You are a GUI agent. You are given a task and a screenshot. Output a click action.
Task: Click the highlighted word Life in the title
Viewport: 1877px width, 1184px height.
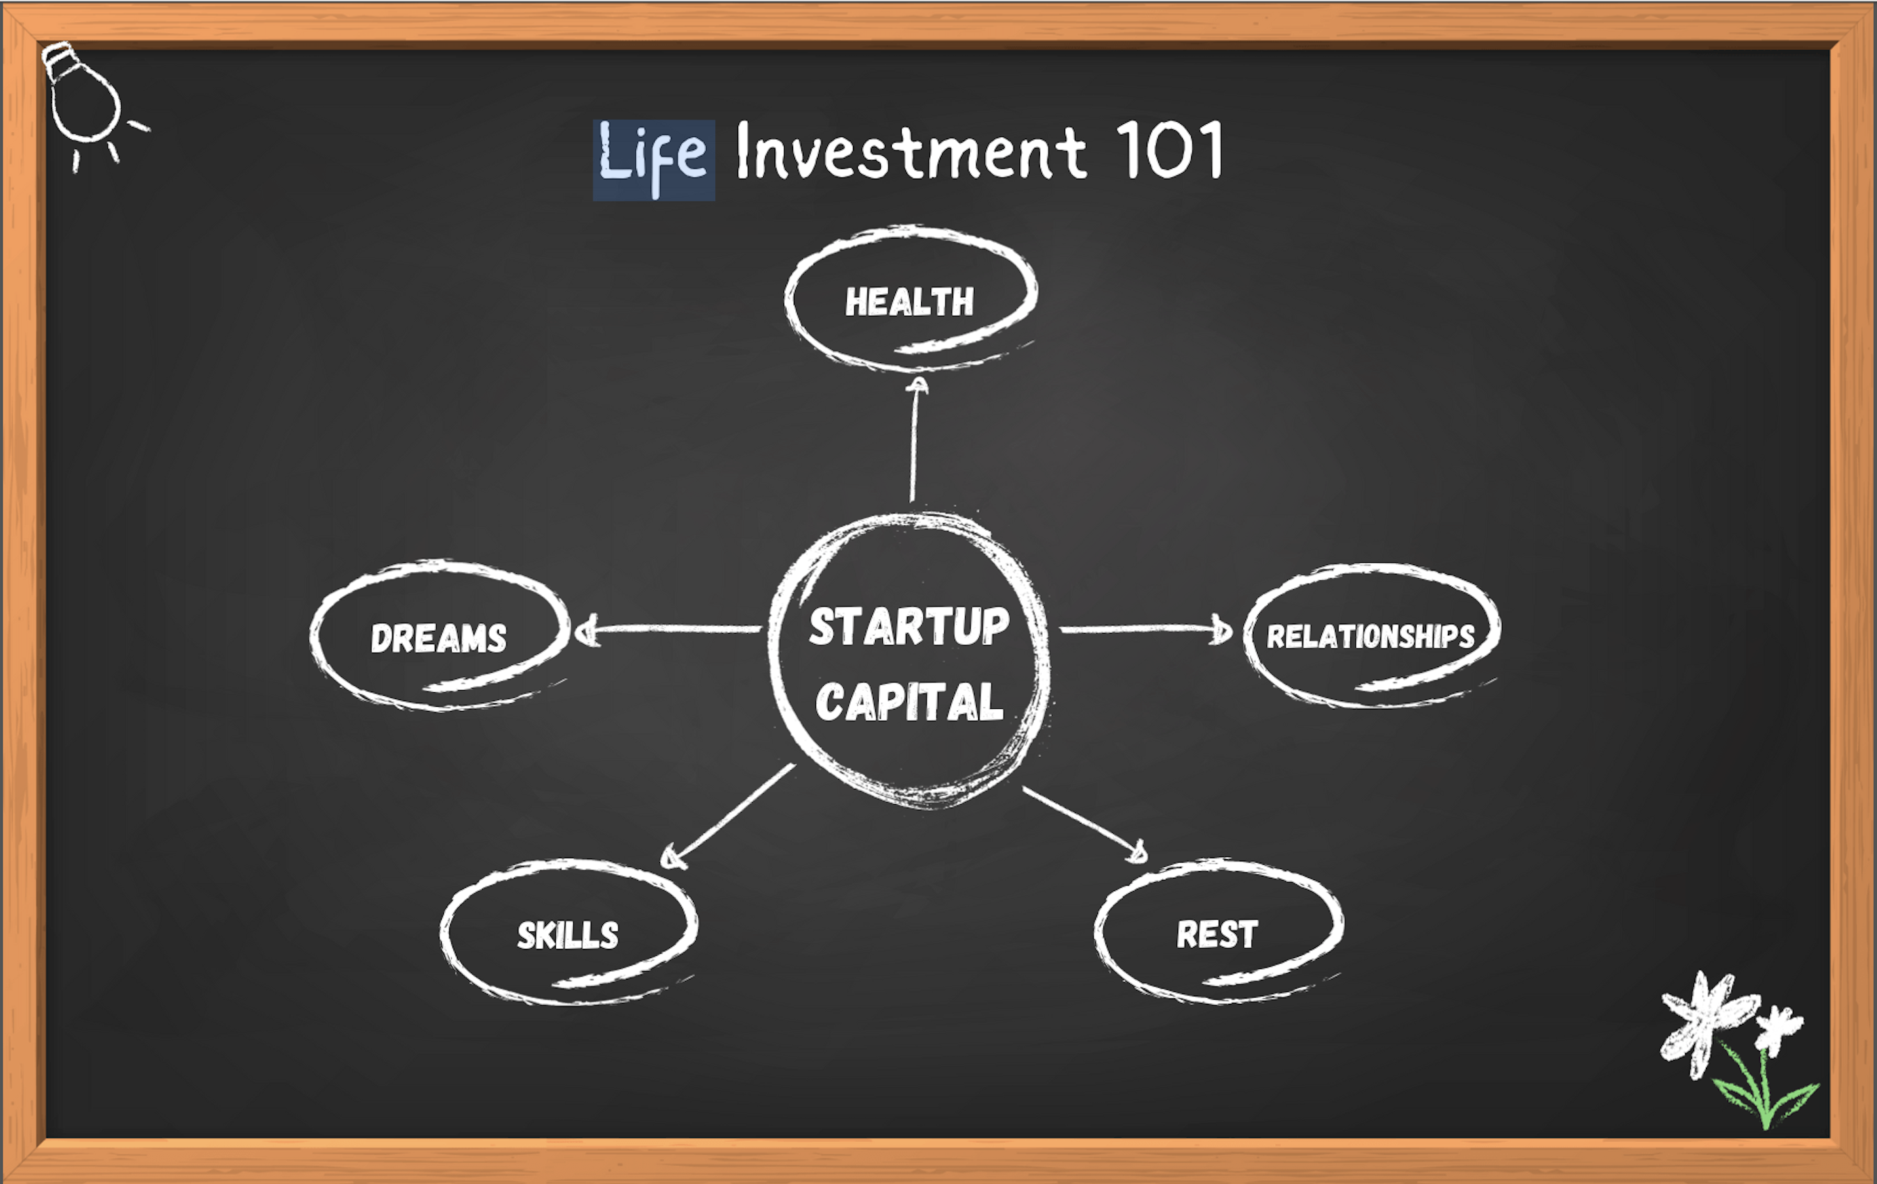coord(653,159)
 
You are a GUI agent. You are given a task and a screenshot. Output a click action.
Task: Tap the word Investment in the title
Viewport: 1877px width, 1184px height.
coord(911,150)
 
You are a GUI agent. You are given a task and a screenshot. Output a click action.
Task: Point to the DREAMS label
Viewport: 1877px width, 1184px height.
coord(438,638)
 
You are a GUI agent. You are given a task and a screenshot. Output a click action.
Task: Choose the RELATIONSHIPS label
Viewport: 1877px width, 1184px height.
coord(1371,636)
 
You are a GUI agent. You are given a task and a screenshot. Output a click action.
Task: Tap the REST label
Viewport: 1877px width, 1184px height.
coord(1217,934)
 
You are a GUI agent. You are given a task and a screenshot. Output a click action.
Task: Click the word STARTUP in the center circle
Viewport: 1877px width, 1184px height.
coord(909,626)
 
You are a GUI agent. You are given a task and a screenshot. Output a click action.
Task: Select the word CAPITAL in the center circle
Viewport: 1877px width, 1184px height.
coord(909,700)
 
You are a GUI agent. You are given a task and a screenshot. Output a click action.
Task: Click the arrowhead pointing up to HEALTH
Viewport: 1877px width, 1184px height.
coord(918,386)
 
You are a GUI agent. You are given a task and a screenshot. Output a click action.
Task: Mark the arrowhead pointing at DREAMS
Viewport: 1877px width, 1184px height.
coord(586,630)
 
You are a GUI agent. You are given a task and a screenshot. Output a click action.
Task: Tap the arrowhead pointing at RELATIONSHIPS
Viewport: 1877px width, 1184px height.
coord(1222,629)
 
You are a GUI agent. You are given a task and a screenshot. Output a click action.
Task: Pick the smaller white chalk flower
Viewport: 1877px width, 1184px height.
coord(1778,1028)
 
